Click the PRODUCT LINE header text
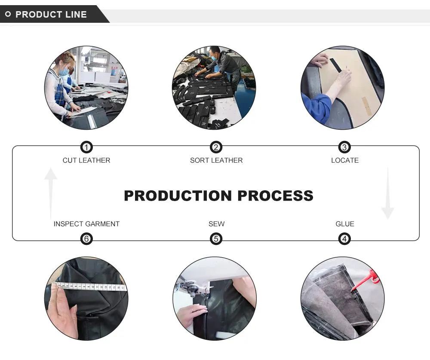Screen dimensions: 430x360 [x=51, y=14]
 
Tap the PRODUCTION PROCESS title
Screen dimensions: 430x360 [x=218, y=195]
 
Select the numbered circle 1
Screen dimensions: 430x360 [x=86, y=147]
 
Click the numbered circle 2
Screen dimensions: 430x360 [x=216, y=147]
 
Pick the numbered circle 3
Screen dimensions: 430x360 [x=344, y=147]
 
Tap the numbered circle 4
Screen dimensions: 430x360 [x=344, y=238]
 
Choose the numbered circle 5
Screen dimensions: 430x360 [x=216, y=238]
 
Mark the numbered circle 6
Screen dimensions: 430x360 [x=86, y=238]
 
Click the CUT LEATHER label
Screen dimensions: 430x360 [x=86, y=160]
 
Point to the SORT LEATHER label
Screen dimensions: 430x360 [x=216, y=160]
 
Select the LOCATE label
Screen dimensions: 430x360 [x=345, y=160]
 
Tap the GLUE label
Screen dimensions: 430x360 [x=345, y=224]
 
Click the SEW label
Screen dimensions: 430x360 [x=216, y=224]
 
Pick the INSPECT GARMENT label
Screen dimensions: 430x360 [x=86, y=224]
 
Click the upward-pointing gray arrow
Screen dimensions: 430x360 [x=50, y=193]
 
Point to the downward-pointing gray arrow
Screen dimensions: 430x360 [x=388, y=193]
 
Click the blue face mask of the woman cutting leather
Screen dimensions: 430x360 [x=64, y=72]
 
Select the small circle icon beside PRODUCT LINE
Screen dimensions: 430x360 [x=8, y=14]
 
